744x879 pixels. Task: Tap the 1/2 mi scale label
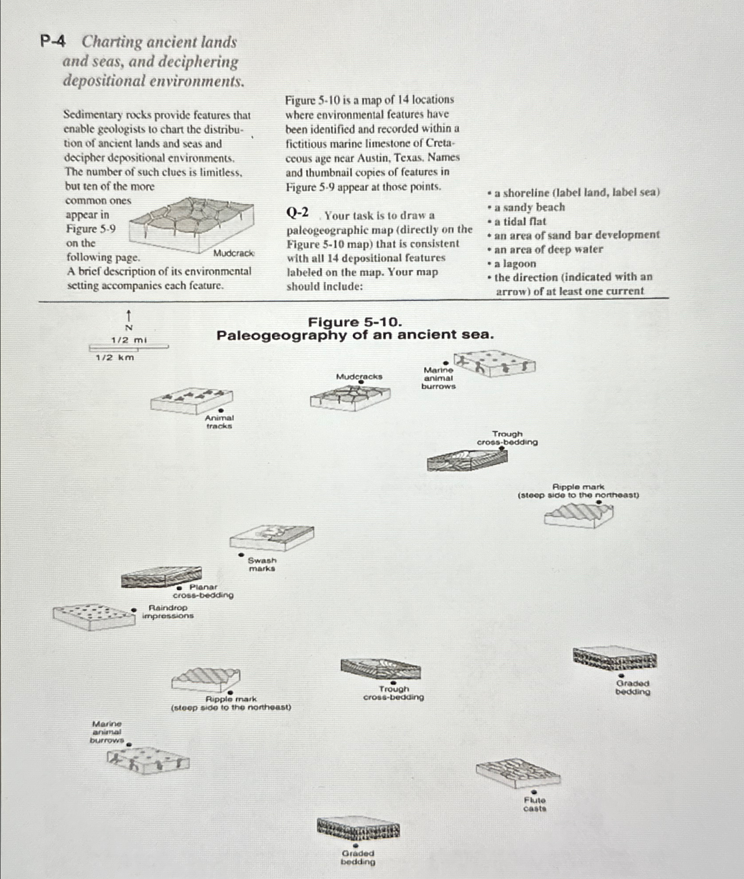pos(128,340)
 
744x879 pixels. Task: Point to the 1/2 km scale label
pos(115,357)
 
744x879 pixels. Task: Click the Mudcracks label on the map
pos(359,376)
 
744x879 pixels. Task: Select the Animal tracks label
pos(219,421)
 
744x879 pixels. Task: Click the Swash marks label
pos(262,564)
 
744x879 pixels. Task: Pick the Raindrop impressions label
pos(168,612)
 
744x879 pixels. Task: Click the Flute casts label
pos(535,804)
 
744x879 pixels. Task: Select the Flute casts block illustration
pos(517,772)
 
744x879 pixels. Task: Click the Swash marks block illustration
pos(272,537)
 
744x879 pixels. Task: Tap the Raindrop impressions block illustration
pos(94,616)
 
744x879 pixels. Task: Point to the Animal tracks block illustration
pos(191,400)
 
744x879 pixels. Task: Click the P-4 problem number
pos(53,42)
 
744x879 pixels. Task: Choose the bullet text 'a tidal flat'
pos(520,221)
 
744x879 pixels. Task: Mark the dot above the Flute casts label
pos(534,792)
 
